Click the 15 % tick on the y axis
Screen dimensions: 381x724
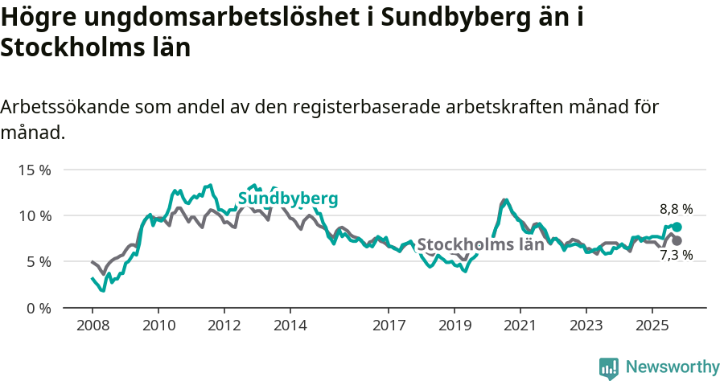click(x=34, y=170)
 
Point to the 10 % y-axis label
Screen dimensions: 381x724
click(x=34, y=216)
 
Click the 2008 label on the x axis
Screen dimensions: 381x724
click(x=93, y=326)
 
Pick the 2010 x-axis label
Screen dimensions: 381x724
click(x=158, y=326)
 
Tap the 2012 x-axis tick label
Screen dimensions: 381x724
click(x=224, y=326)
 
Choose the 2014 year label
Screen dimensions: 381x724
click(x=290, y=326)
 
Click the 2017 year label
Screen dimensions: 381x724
click(x=389, y=326)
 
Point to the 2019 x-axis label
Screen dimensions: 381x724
click(x=454, y=326)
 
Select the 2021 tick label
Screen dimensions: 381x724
click(x=520, y=326)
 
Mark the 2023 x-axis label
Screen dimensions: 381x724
click(x=586, y=326)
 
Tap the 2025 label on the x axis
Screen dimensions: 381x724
click(x=652, y=326)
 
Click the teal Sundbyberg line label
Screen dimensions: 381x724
click(x=288, y=199)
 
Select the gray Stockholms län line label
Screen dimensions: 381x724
click(x=481, y=244)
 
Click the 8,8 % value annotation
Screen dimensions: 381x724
click(x=676, y=209)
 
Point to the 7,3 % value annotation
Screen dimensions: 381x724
click(x=676, y=256)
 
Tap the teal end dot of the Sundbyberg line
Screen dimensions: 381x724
click(x=677, y=227)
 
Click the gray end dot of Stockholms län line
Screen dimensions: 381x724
click(x=677, y=240)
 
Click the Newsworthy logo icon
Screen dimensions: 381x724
click(x=609, y=368)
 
